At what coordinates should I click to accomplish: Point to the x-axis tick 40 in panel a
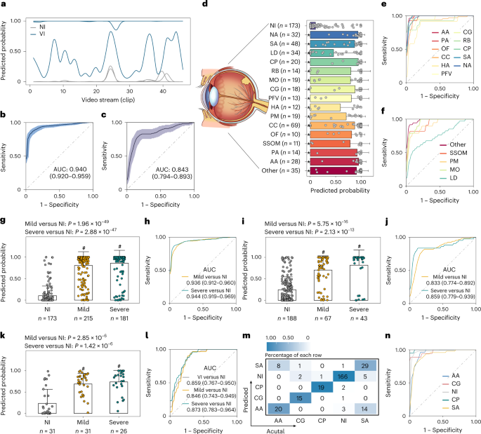point(162,92)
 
